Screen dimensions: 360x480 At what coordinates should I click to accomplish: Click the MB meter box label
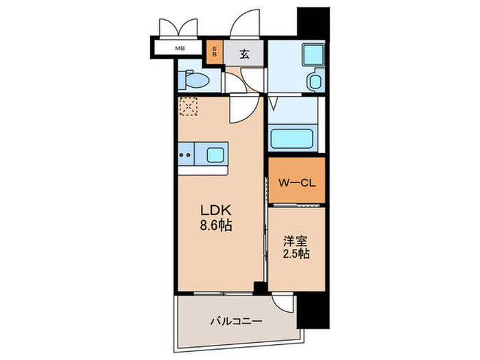coord(180,49)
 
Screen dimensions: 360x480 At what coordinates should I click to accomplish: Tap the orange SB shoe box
coord(215,52)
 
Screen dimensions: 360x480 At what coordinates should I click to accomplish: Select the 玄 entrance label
coord(244,53)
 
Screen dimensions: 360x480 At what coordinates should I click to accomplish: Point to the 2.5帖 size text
coord(296,254)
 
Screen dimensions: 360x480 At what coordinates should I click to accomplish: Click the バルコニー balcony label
coord(235,320)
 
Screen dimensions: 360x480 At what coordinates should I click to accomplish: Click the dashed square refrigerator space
coord(188,107)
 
